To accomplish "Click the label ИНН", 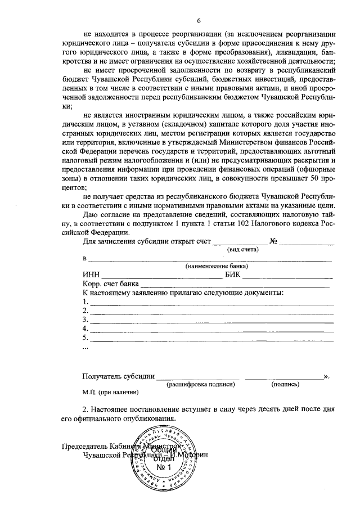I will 91,274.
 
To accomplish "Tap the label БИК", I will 233,274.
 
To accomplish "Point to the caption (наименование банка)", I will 217,266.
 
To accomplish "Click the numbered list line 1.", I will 208,302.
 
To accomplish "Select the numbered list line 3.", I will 208,320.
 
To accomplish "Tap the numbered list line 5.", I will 208,338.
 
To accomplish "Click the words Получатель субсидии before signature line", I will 117,375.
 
